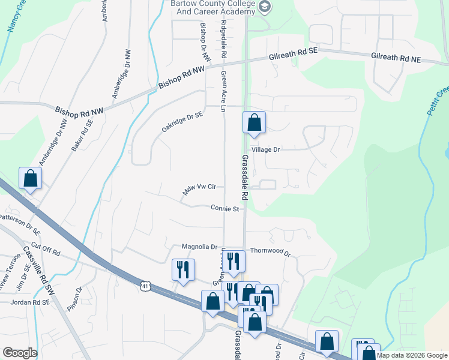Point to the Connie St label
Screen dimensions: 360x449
(x=225, y=209)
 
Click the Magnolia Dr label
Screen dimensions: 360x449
(x=199, y=247)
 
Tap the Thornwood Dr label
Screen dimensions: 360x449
(x=270, y=253)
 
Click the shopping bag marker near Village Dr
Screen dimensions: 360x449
(x=254, y=122)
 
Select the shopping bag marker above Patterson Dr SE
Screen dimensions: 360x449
(x=30, y=179)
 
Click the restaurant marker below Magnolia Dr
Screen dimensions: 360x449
(x=183, y=269)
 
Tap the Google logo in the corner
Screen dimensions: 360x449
(x=20, y=353)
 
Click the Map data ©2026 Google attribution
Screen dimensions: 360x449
(x=412, y=355)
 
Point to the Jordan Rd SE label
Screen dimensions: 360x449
(x=30, y=303)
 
